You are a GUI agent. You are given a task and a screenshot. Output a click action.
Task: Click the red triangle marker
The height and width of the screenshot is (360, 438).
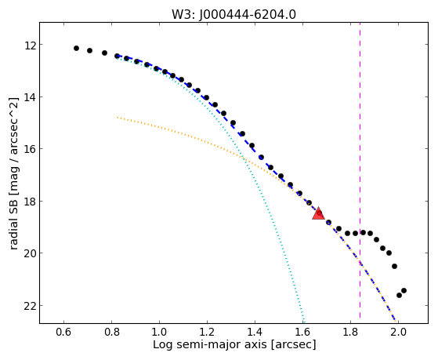(x=318, y=213)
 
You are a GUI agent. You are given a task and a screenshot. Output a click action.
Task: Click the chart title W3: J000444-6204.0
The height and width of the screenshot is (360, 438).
(x=233, y=15)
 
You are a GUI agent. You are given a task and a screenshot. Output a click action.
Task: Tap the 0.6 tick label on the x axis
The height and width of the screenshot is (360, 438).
(x=64, y=333)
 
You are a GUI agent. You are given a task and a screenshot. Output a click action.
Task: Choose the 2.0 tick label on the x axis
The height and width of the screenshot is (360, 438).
(x=398, y=333)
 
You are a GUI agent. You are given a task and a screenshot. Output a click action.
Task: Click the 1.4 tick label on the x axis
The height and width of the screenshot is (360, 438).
(x=255, y=333)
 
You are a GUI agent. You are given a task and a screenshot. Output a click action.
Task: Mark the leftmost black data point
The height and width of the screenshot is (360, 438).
(x=76, y=49)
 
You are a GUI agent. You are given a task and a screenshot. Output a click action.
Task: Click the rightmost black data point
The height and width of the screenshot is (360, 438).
(x=404, y=291)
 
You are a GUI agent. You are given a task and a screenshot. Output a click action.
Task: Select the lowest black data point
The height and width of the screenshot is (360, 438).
(x=399, y=295)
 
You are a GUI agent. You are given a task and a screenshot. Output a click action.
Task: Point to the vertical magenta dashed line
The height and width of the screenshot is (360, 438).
(x=360, y=170)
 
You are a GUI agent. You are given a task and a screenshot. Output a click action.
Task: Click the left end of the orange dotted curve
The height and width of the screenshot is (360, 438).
(x=118, y=118)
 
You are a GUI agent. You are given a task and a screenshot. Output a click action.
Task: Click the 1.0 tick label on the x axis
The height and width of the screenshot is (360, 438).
(x=159, y=333)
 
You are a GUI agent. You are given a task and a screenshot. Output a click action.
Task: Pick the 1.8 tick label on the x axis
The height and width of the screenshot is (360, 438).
(x=350, y=333)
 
